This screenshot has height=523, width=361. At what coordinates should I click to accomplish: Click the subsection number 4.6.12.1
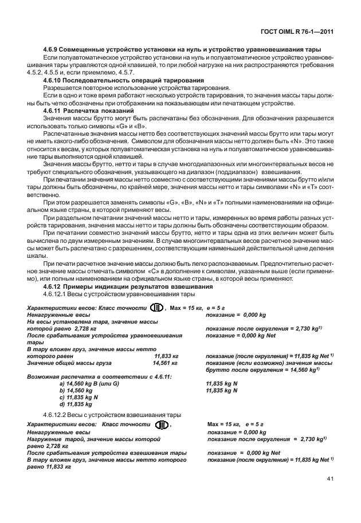[56, 294]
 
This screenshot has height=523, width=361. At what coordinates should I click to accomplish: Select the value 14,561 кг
[164, 363]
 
